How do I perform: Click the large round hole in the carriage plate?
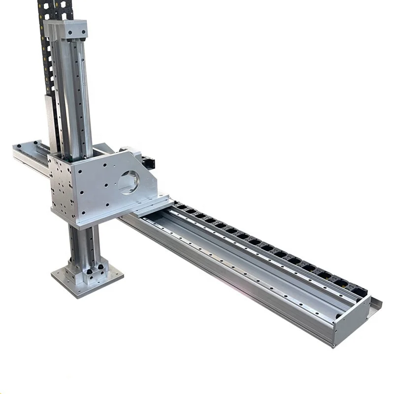[x=129, y=182]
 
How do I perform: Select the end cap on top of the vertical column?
[x=66, y=30]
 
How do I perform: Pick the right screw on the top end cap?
[x=83, y=33]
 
